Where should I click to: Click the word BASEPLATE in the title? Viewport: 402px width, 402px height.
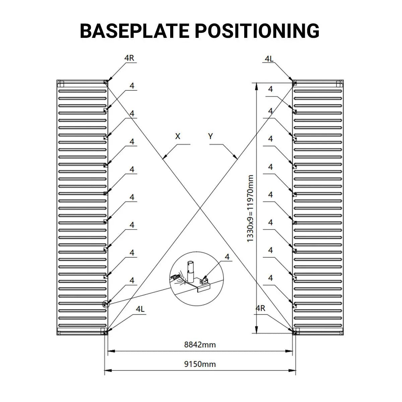135,31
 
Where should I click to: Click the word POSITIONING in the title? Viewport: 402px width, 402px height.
257,31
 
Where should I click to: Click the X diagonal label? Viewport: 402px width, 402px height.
178,136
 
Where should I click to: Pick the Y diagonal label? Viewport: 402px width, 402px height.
210,136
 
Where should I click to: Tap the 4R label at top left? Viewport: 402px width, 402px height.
129,58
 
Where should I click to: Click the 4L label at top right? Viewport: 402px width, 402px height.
269,59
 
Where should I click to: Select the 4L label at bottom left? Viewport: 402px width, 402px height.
140,315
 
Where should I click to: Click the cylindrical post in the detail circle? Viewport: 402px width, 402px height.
191,271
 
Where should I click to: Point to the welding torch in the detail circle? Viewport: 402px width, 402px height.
175,277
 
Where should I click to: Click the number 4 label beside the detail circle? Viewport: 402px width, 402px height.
227,257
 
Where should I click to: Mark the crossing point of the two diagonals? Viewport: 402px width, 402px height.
200,208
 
